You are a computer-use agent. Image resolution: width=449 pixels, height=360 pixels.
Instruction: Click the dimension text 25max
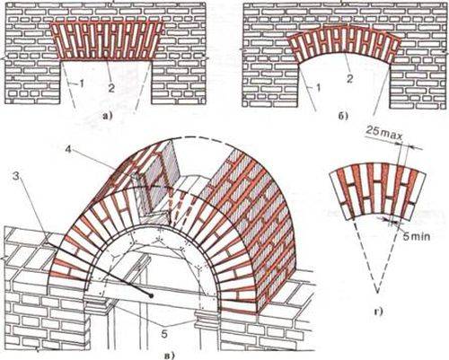(x=384, y=132)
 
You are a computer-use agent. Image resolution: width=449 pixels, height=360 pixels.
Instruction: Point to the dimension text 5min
(x=417, y=236)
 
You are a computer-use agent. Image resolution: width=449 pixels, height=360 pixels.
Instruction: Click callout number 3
(x=18, y=177)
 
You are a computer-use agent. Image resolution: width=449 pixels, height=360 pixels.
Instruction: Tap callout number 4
(x=69, y=149)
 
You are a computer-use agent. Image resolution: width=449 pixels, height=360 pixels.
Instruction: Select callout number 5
(x=163, y=334)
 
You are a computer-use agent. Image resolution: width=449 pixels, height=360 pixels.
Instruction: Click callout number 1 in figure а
(x=81, y=84)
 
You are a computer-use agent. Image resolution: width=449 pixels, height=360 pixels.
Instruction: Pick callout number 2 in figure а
(x=111, y=88)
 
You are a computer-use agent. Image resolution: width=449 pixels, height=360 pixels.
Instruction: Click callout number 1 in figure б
(x=318, y=88)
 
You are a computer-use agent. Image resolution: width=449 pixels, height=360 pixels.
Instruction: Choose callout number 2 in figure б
(x=350, y=78)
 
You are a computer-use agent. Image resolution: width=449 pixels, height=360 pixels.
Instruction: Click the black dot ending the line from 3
(x=151, y=295)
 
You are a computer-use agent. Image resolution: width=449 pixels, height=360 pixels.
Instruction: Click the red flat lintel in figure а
(x=107, y=40)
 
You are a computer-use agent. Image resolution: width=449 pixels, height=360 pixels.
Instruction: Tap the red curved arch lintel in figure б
(x=344, y=42)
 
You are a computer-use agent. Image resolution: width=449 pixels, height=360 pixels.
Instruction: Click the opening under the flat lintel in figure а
(x=107, y=83)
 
